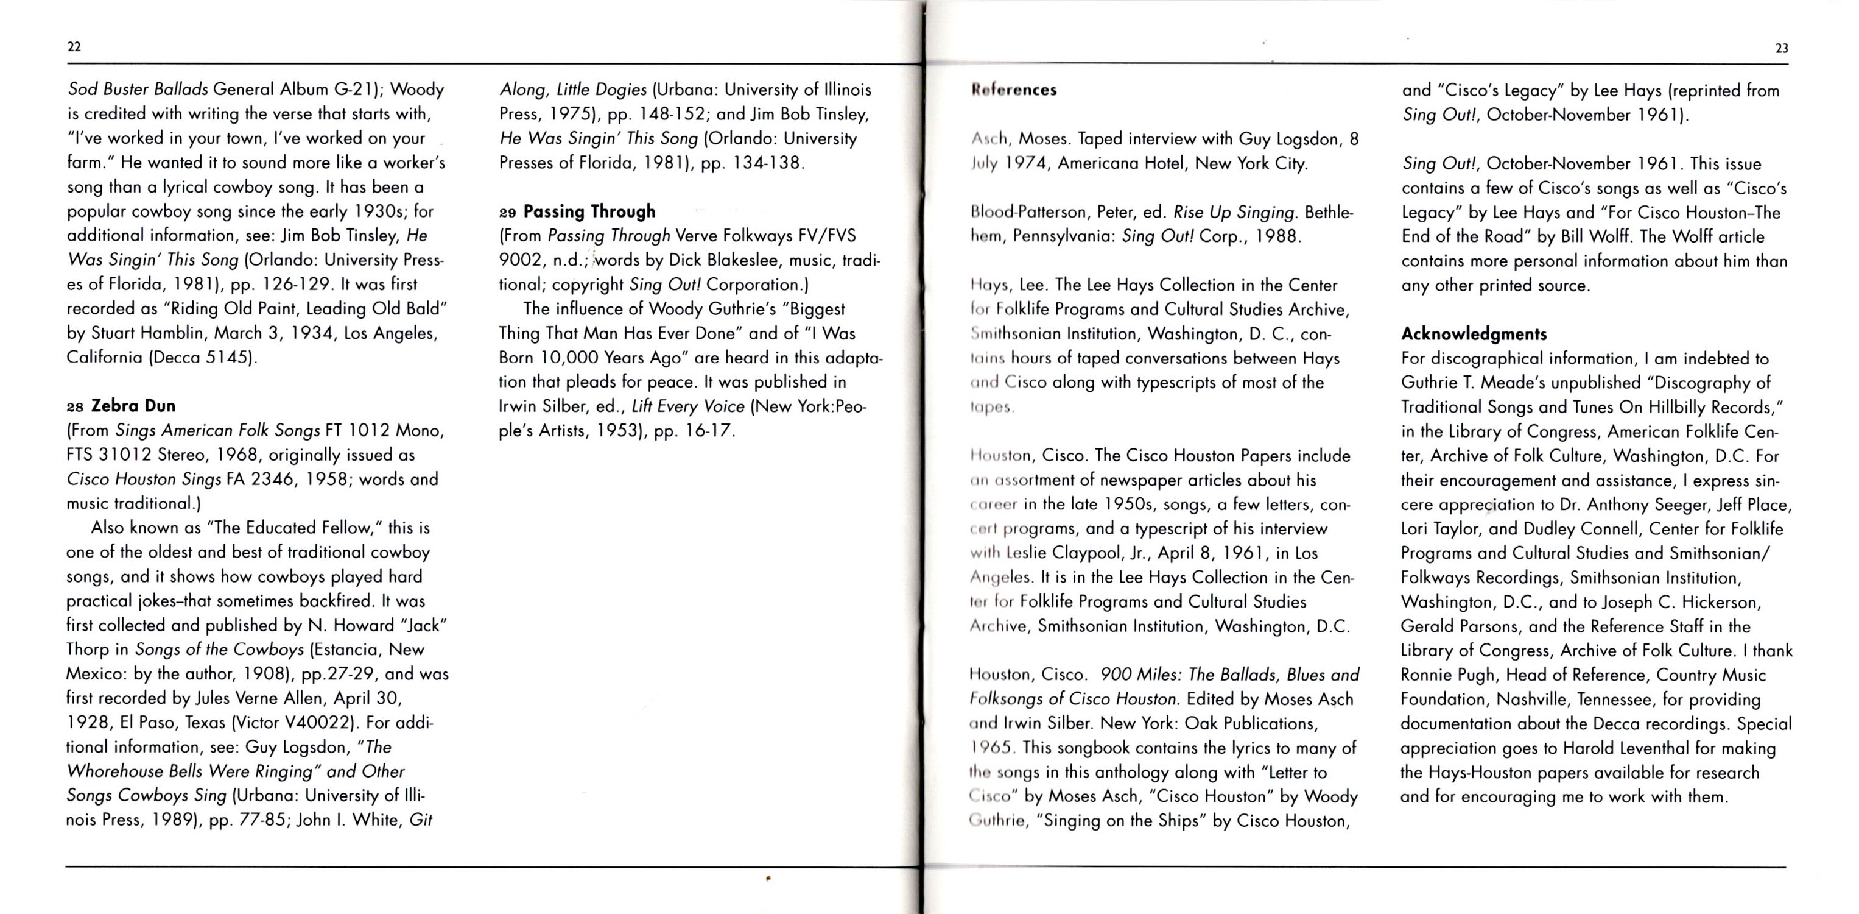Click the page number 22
74,47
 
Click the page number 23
1781,48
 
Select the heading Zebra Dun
133,406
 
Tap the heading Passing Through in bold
589,211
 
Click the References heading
1013,90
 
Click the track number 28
75,406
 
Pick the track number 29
507,212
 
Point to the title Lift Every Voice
687,406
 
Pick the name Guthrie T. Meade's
1473,383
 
